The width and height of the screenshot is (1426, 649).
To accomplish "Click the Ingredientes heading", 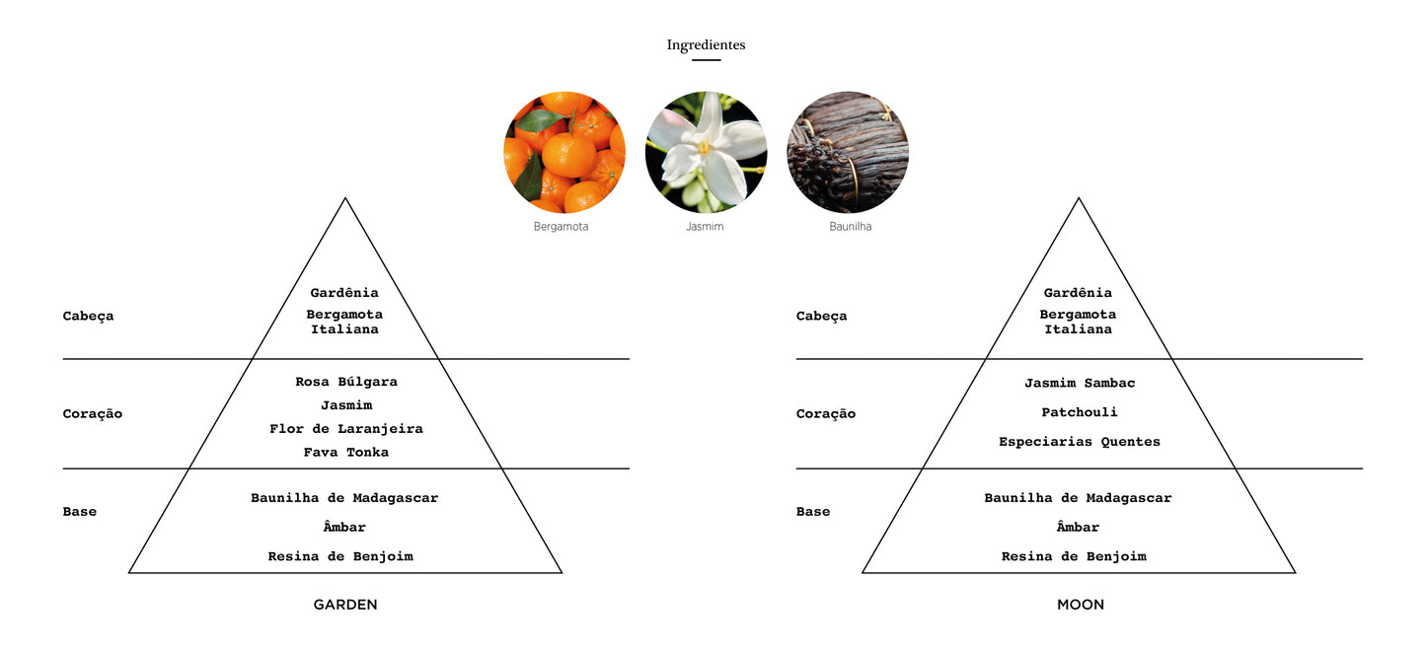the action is point(706,44).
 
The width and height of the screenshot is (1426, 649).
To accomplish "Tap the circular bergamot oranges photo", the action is point(564,152).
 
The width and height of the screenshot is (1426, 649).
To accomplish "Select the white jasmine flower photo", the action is point(706,152).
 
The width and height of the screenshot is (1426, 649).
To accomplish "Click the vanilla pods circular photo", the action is point(848,152).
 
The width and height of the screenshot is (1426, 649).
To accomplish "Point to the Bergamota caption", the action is point(561,227).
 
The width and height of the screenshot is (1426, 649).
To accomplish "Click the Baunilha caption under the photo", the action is point(851,227).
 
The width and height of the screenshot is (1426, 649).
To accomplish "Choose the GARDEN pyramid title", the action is point(345,605).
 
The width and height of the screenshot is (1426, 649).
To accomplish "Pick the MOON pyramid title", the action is point(1081,605).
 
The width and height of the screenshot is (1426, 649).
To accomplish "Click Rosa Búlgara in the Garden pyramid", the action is point(346,382).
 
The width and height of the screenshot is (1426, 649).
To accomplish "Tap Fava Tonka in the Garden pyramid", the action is point(345,453).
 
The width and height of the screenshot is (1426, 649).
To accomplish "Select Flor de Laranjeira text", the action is point(345,429).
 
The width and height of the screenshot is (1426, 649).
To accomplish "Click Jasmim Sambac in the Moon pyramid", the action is point(1080,383).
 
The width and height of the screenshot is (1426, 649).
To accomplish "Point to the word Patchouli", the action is point(1079,412).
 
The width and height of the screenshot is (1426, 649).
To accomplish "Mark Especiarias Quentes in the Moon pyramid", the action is point(1079,442).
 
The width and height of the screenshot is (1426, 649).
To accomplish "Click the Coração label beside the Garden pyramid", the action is point(93,414).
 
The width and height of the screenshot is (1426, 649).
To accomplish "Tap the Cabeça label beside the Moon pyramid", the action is point(821,317).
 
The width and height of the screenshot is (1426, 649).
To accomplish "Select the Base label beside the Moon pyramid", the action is point(813,512).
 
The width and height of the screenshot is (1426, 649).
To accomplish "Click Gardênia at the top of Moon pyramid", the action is point(1078,293).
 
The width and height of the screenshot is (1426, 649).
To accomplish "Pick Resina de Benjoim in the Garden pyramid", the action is point(340,556).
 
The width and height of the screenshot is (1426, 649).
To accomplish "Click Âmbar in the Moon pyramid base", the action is point(1078,527).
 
